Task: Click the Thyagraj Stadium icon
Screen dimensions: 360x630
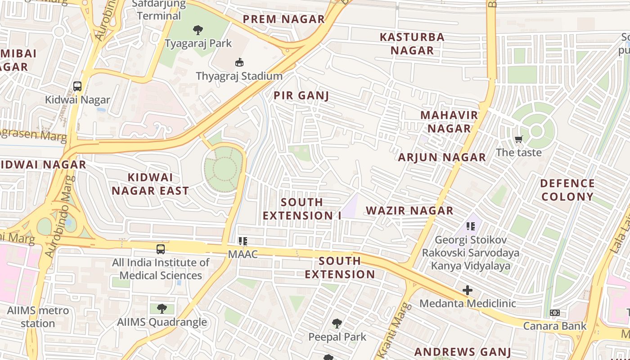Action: click(239, 62)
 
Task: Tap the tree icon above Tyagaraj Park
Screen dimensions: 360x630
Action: click(198, 30)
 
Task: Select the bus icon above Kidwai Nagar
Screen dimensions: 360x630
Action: click(77, 86)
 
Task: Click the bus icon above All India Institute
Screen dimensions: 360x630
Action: click(161, 249)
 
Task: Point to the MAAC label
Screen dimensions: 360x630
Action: click(243, 254)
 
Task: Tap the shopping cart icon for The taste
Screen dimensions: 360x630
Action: click(519, 139)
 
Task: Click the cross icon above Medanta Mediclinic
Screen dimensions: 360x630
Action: click(468, 290)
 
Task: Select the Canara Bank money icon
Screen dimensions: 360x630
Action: click(555, 313)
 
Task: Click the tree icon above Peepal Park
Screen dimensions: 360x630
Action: click(337, 323)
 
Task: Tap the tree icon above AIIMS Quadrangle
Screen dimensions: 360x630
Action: click(162, 309)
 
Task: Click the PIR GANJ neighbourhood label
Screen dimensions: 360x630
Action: click(301, 95)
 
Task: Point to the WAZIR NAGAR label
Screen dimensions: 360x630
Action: click(409, 211)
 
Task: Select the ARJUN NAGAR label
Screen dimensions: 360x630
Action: click(442, 157)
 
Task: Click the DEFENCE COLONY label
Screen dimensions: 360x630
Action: click(567, 190)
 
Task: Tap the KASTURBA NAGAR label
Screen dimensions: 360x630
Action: click(412, 44)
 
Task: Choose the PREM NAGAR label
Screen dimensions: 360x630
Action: click(284, 19)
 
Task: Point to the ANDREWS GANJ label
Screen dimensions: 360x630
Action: click(463, 352)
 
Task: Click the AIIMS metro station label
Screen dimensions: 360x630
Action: click(38, 317)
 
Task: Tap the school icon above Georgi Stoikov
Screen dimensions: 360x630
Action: click(471, 226)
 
